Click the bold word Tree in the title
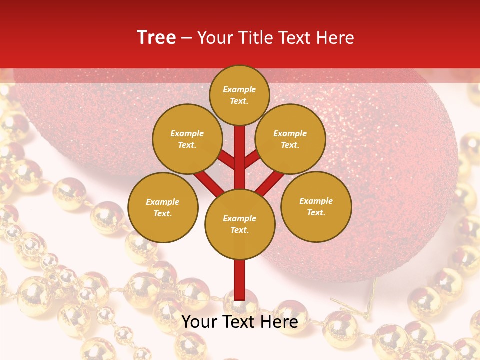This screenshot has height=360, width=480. click(x=156, y=37)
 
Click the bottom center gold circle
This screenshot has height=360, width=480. click(x=240, y=224)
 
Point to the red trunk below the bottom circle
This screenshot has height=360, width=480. click(x=240, y=280)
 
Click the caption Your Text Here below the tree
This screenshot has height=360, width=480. click(x=239, y=322)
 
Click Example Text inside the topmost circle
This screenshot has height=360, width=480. click(x=239, y=95)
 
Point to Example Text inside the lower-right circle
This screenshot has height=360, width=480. click(x=316, y=206)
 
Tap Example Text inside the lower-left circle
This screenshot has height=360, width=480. click(x=162, y=207)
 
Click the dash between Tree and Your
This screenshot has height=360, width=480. click(x=186, y=38)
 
